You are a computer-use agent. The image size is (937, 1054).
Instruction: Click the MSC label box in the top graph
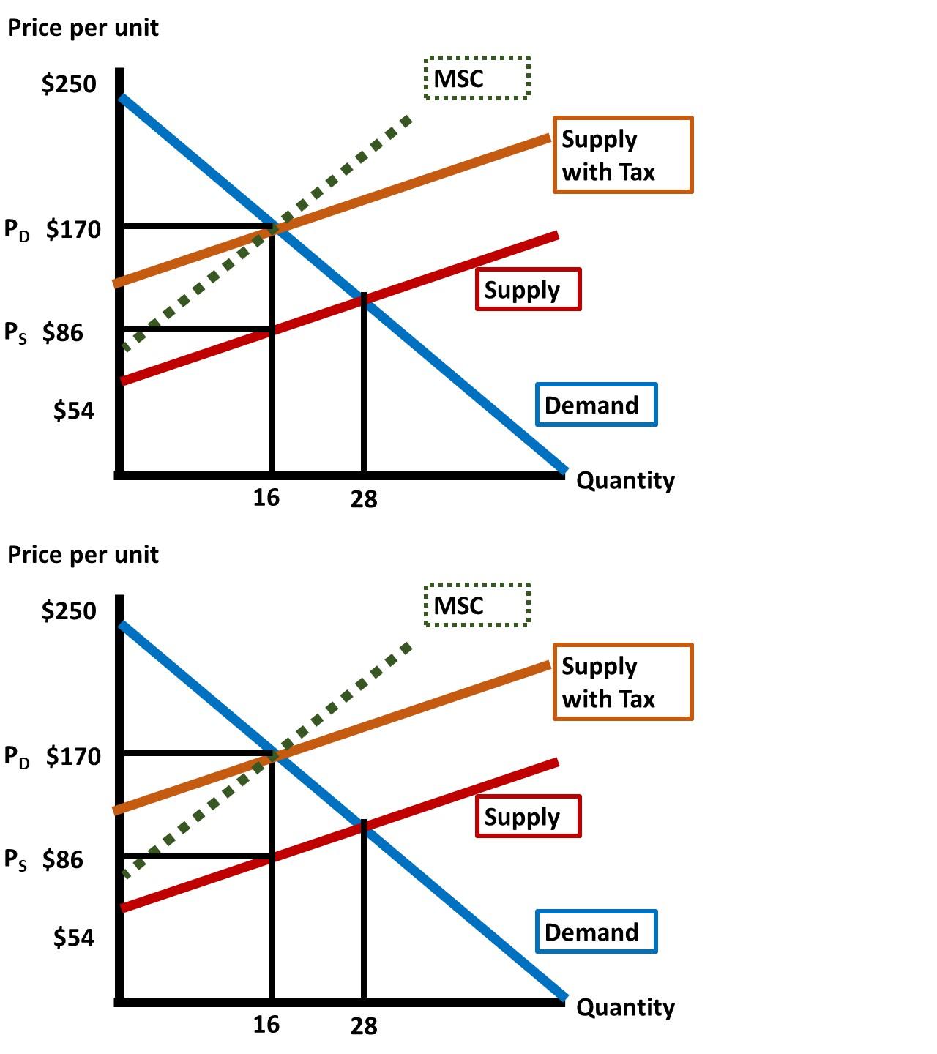[477, 78]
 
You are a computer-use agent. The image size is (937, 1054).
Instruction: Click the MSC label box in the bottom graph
[477, 605]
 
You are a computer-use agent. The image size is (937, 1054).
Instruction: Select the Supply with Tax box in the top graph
[622, 154]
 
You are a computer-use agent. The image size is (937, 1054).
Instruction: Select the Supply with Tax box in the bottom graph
[622, 681]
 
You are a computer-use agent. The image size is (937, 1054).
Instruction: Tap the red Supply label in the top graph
[528, 290]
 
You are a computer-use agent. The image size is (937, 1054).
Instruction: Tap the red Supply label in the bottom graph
[528, 816]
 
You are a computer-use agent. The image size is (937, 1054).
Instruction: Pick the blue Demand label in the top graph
[596, 405]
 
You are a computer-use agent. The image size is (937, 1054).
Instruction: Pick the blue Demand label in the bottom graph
[596, 932]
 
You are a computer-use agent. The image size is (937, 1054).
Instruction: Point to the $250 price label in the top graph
[69, 84]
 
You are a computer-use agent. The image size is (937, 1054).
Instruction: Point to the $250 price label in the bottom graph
[69, 610]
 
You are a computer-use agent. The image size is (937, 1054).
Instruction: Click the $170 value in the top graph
[73, 229]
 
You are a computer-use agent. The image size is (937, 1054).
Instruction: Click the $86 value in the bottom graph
[63, 859]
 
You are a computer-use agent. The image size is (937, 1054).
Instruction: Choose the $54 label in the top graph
[74, 411]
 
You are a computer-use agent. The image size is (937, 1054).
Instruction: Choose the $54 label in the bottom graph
[74, 937]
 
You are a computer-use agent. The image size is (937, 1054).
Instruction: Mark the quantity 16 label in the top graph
[266, 498]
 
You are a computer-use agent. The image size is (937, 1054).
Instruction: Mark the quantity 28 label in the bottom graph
[364, 1026]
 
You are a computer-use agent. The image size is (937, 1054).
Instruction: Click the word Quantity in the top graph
[625, 481]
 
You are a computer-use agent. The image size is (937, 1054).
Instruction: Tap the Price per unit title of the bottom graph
[83, 555]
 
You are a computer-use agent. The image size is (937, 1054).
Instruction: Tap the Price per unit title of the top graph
[83, 28]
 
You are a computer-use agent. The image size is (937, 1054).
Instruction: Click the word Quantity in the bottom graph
[625, 1008]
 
